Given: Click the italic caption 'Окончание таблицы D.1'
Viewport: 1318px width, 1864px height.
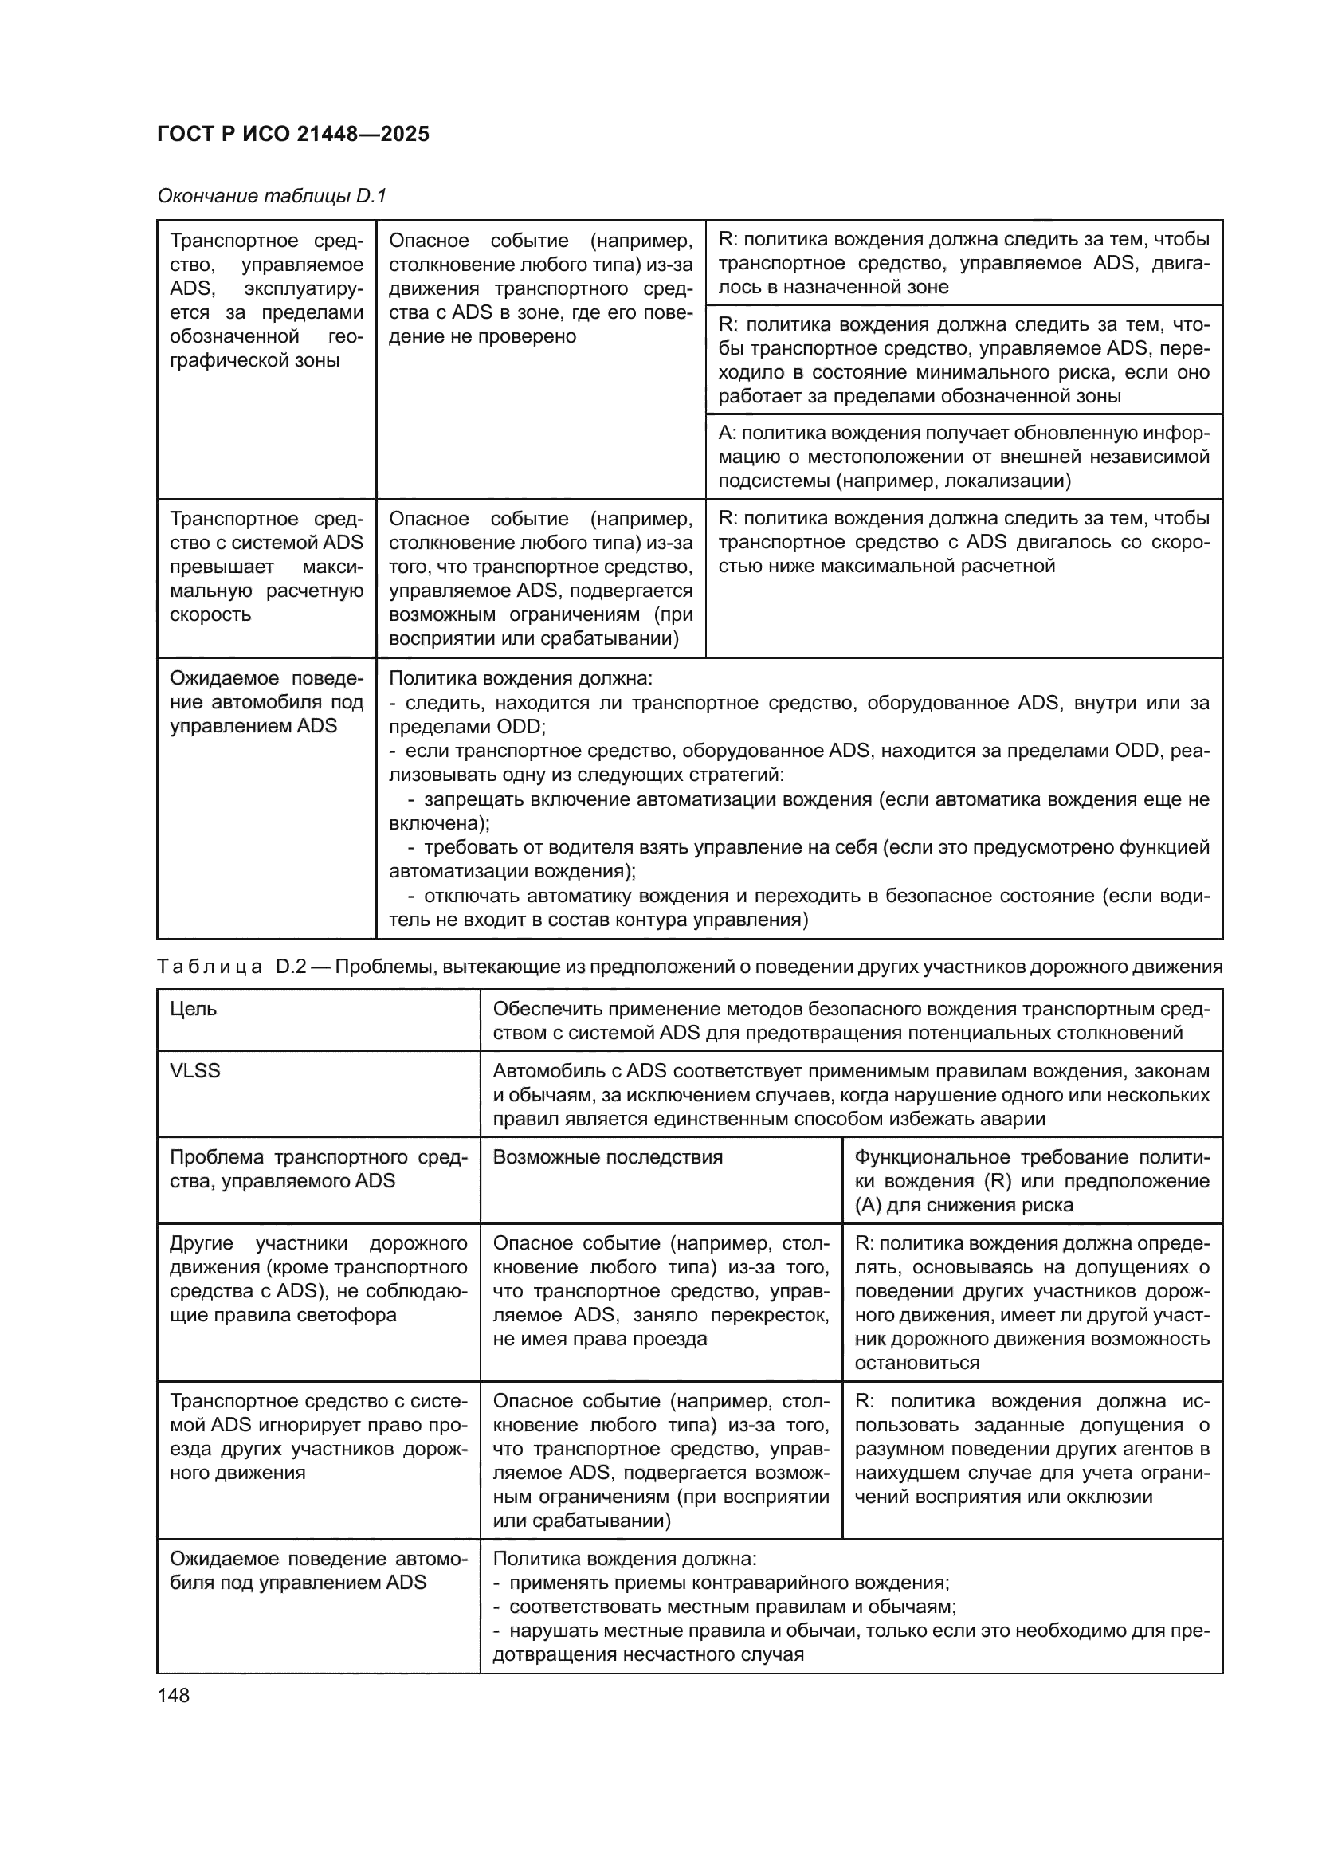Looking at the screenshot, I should tap(272, 196).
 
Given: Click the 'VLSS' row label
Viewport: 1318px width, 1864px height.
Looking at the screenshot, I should tap(194, 1071).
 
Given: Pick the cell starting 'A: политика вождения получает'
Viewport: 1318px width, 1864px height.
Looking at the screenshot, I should tap(963, 457).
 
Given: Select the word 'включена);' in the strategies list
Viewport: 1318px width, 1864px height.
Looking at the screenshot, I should tap(439, 823).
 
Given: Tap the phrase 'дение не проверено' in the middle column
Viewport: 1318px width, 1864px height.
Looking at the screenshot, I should tap(482, 336).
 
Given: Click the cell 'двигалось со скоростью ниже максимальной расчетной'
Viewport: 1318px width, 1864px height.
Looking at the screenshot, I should tap(963, 543).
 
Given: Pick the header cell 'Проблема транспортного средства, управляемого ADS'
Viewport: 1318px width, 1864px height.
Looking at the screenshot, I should tap(318, 1169).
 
